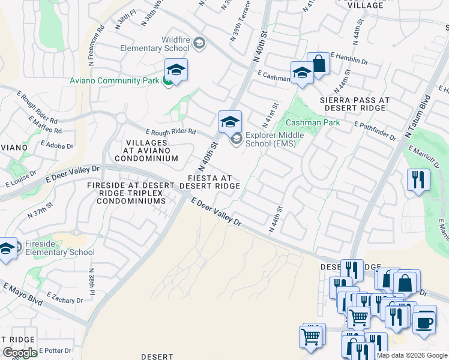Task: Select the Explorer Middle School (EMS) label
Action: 274,139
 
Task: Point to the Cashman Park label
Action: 320,122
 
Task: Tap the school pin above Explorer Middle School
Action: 230,122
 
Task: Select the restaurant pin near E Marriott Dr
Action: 418,179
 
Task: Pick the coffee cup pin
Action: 424,322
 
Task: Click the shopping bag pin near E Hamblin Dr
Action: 318,64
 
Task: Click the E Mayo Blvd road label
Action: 22,293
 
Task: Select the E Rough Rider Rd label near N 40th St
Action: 170,131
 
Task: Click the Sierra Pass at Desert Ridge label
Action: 355,104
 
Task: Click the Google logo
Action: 20,353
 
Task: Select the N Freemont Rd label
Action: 96,46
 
